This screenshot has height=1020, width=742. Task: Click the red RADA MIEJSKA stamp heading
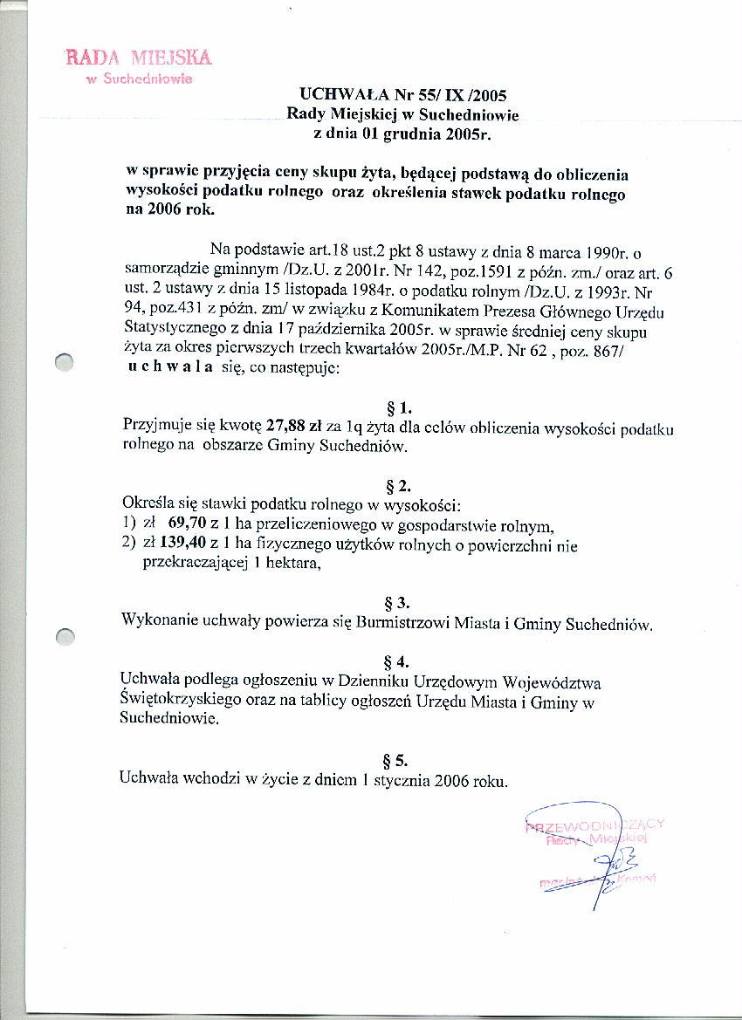[139, 58]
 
